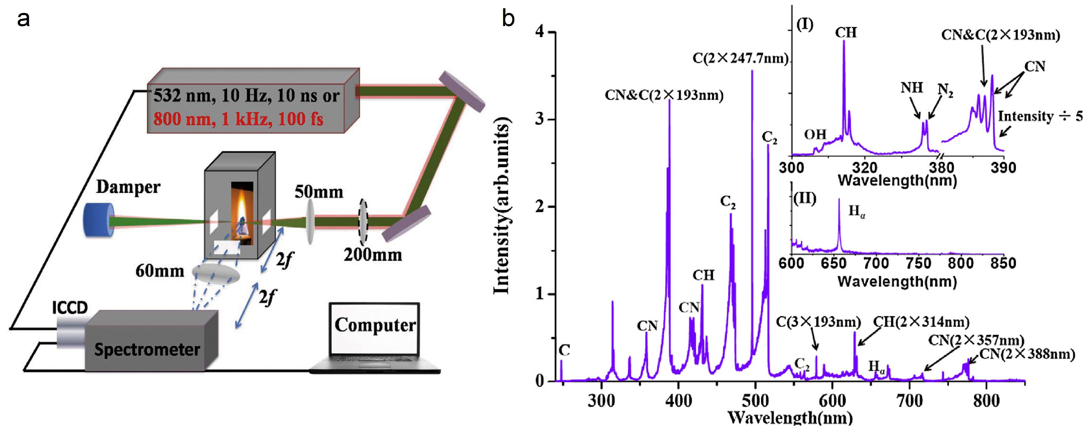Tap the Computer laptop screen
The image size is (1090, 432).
[x=374, y=329]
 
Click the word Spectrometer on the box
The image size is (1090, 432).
[x=147, y=349]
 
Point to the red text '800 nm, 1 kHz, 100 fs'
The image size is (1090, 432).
[x=238, y=119]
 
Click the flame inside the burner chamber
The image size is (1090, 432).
[x=242, y=210]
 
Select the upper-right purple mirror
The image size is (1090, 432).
[x=462, y=91]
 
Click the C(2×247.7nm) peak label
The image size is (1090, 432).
[x=740, y=58]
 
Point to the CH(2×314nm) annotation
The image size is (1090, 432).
[x=921, y=322]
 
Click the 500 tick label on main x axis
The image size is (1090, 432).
[x=755, y=400]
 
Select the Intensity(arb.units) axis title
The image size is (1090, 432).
[x=502, y=205]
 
